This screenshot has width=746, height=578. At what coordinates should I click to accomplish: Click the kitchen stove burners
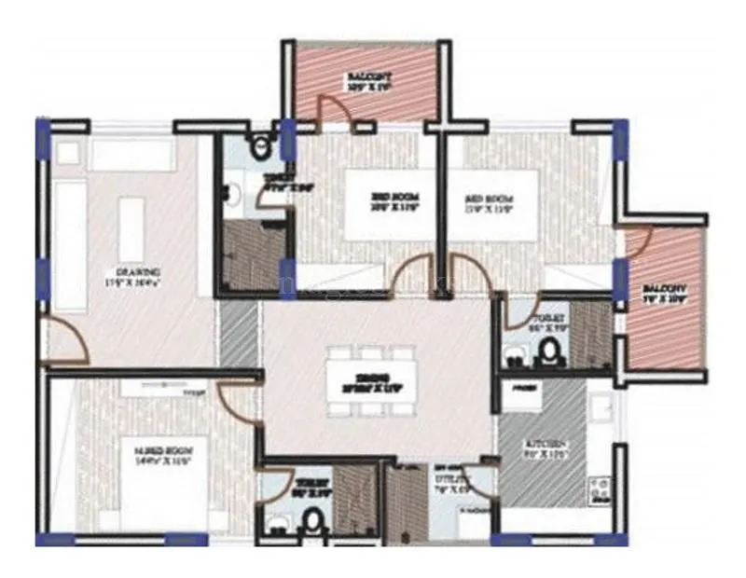597,489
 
